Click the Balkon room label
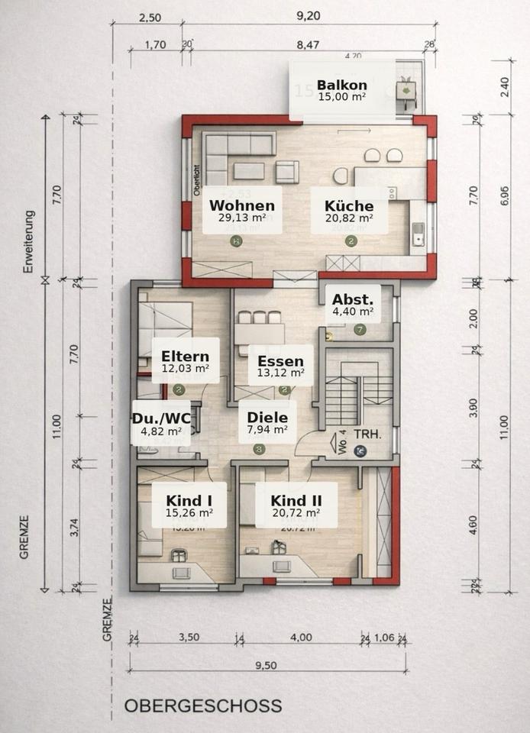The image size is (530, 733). (x=342, y=85)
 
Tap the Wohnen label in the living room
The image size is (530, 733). (x=242, y=205)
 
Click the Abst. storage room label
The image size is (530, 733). (x=353, y=299)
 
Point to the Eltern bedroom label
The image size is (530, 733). (x=185, y=355)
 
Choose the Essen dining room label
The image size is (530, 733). (x=280, y=361)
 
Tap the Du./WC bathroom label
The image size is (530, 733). (x=161, y=418)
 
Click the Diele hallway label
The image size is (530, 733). (x=267, y=418)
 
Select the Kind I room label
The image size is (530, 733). (x=189, y=500)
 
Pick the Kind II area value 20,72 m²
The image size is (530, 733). (x=296, y=513)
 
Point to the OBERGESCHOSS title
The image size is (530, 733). (x=203, y=706)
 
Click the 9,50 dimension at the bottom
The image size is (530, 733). (x=266, y=665)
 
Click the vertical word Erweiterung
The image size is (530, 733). (x=27, y=242)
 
